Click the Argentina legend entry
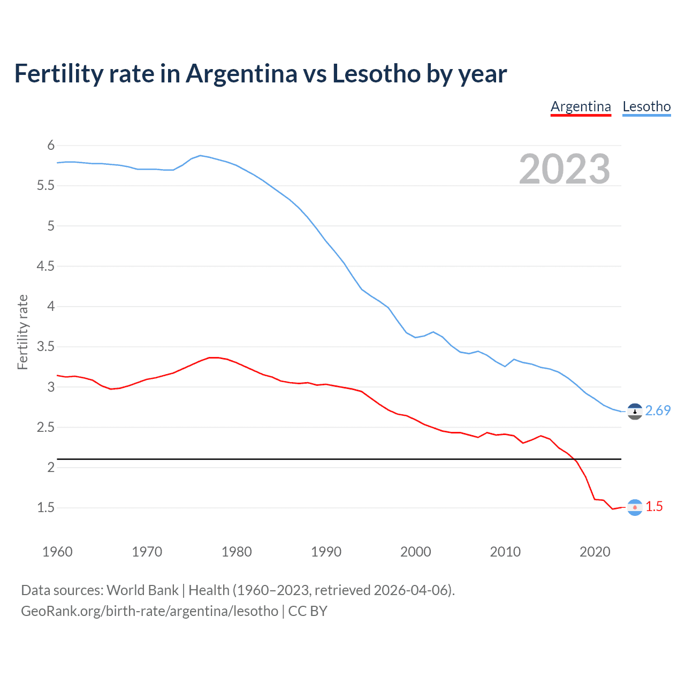coord(581,106)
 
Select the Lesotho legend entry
coord(646,106)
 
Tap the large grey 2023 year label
coord(564,169)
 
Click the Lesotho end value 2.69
coord(658,410)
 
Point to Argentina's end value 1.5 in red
coord(654,506)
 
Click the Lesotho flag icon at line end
coord(635,411)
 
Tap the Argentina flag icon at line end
coord(635,507)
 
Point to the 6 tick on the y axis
coord(51,146)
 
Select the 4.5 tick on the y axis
coord(45,266)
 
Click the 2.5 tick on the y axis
coord(45,427)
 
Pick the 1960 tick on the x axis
coord(57,552)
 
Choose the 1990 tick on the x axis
coord(326,552)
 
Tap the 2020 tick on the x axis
coord(595,552)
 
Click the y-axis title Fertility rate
coord(22,332)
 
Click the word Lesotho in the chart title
coord(376,73)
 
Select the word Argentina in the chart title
coord(241,73)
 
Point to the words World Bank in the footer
coord(142,590)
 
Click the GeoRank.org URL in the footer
coord(149,611)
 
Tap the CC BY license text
coord(308,611)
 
